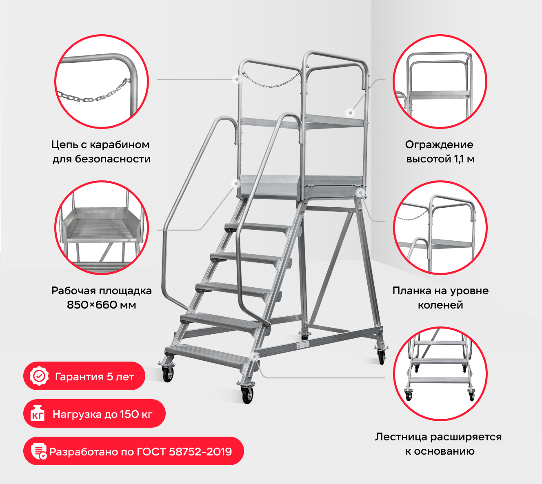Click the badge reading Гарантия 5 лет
[x=84, y=376]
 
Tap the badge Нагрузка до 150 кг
[x=94, y=414]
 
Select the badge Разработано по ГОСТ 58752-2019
[x=133, y=451]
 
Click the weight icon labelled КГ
[x=38, y=414]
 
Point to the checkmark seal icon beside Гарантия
[x=39, y=376]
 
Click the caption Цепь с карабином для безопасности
[x=101, y=152]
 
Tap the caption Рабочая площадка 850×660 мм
[x=101, y=298]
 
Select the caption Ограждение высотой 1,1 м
[x=440, y=152]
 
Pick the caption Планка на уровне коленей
[x=440, y=298]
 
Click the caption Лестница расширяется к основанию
[x=438, y=444]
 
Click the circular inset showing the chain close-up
[x=102, y=81]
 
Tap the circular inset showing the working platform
[x=102, y=227]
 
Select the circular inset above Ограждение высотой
[x=440, y=81]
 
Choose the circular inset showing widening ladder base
[x=440, y=374]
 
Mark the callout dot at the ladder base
[x=255, y=356]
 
